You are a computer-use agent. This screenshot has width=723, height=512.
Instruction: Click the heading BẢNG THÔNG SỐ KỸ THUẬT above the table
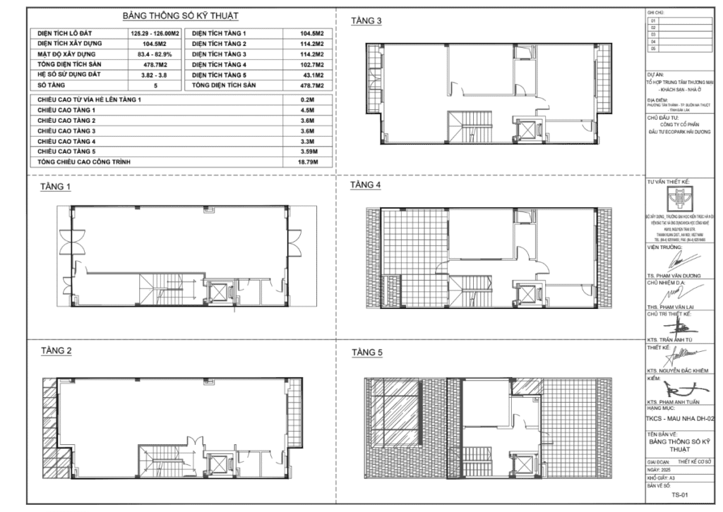[180, 16]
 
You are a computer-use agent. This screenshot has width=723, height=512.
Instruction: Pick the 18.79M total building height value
[308, 162]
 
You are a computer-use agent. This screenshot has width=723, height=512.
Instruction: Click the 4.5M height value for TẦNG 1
[308, 111]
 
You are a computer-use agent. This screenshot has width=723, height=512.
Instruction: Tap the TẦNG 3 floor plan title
[366, 21]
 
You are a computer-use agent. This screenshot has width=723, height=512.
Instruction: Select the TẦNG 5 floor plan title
[366, 353]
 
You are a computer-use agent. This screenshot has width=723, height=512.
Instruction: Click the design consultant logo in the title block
[681, 197]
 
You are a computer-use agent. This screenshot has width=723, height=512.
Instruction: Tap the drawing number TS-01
[680, 494]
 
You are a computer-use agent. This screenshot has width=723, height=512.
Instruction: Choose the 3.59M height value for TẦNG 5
[308, 152]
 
